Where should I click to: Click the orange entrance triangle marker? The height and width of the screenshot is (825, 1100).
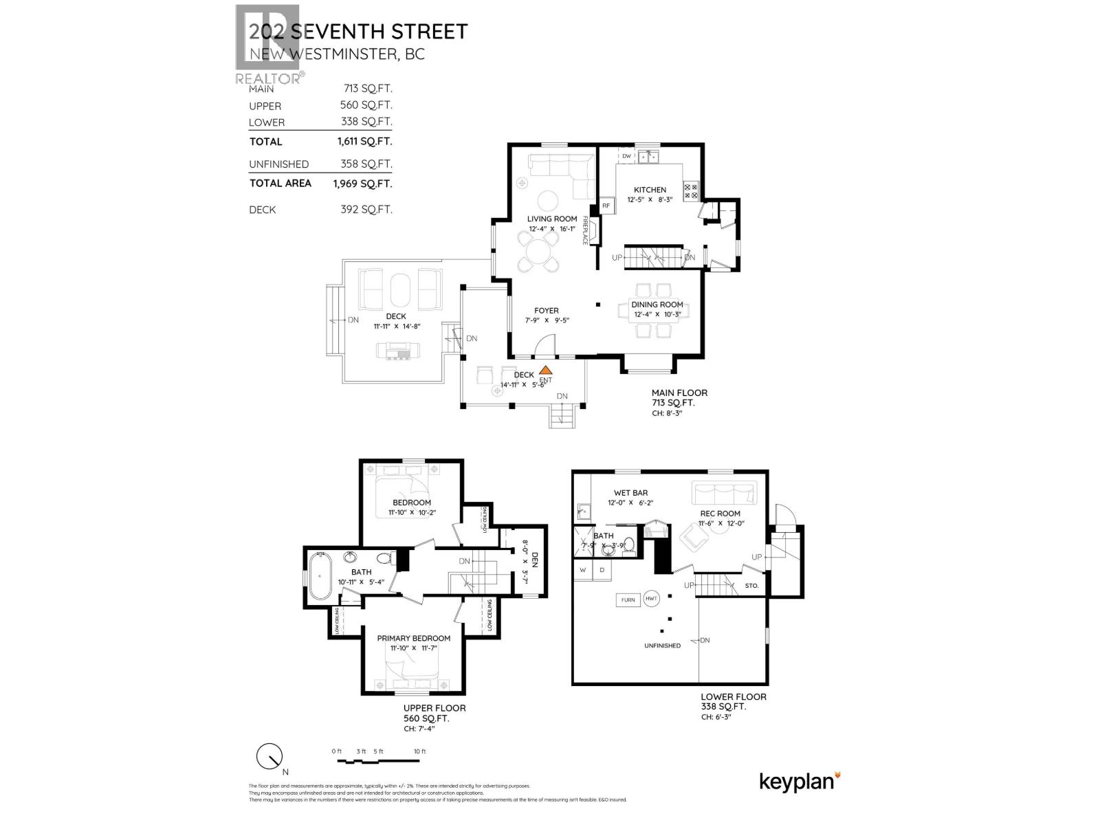point(545,371)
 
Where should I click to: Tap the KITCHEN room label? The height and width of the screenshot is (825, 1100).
point(650,190)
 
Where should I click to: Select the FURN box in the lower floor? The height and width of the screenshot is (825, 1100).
point(628,600)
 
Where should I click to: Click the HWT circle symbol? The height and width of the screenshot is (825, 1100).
point(651,599)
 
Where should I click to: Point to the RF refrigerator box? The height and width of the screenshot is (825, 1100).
point(606,206)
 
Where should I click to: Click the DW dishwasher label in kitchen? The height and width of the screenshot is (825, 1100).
point(626,157)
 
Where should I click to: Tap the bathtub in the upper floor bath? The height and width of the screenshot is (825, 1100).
point(320,575)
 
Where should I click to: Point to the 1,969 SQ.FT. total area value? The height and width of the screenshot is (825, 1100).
point(362,184)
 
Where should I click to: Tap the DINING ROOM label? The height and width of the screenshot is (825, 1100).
point(657,305)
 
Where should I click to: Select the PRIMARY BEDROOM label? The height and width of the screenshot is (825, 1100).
point(413,638)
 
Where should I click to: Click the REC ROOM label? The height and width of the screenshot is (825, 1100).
point(720,514)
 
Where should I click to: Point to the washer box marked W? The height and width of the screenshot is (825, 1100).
point(583,570)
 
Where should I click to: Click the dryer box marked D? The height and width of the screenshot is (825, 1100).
point(602,570)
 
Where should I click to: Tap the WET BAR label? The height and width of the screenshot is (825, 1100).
point(630,493)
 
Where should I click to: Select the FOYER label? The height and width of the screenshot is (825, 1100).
point(547,311)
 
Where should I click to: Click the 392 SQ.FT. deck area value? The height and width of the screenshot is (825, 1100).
point(367,210)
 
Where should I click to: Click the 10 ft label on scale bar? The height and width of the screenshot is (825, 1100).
point(419,751)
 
